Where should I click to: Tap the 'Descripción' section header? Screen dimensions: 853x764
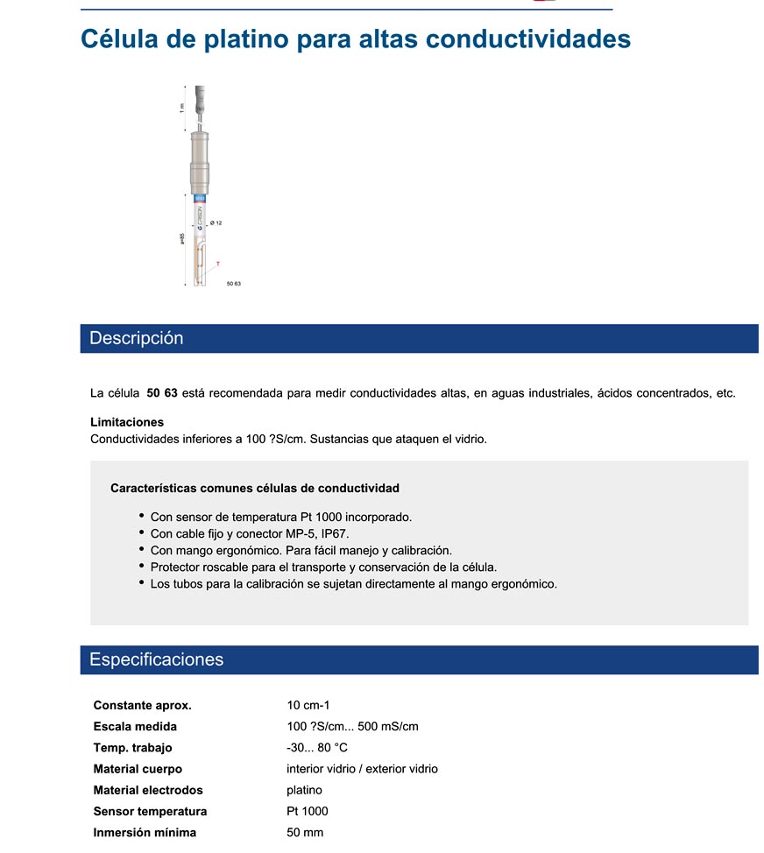click(x=137, y=339)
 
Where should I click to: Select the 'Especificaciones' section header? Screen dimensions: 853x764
click(x=157, y=659)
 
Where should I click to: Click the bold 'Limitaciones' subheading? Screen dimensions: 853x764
click(x=127, y=422)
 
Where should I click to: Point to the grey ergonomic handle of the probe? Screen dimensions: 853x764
click(x=200, y=162)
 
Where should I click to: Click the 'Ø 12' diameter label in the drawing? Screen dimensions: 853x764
click(x=216, y=223)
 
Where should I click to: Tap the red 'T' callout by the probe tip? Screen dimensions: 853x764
click(x=217, y=263)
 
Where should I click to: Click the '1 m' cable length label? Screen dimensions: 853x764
click(x=182, y=108)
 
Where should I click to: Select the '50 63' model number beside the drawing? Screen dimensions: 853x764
click(x=233, y=285)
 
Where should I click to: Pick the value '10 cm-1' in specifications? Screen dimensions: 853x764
click(x=308, y=705)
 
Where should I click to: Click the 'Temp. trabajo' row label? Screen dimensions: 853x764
click(x=132, y=747)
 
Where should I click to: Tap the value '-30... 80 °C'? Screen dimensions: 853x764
click(x=317, y=747)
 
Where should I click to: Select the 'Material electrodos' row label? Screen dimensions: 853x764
click(x=148, y=790)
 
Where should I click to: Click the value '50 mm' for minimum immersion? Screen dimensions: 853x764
click(x=305, y=832)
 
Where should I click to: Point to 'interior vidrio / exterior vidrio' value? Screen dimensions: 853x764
click(x=362, y=769)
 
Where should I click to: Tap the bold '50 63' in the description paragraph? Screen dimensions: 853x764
click(x=162, y=393)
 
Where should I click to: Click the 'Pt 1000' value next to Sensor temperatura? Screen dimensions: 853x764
click(x=308, y=811)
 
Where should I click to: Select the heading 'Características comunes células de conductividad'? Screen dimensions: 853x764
click(x=255, y=488)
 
